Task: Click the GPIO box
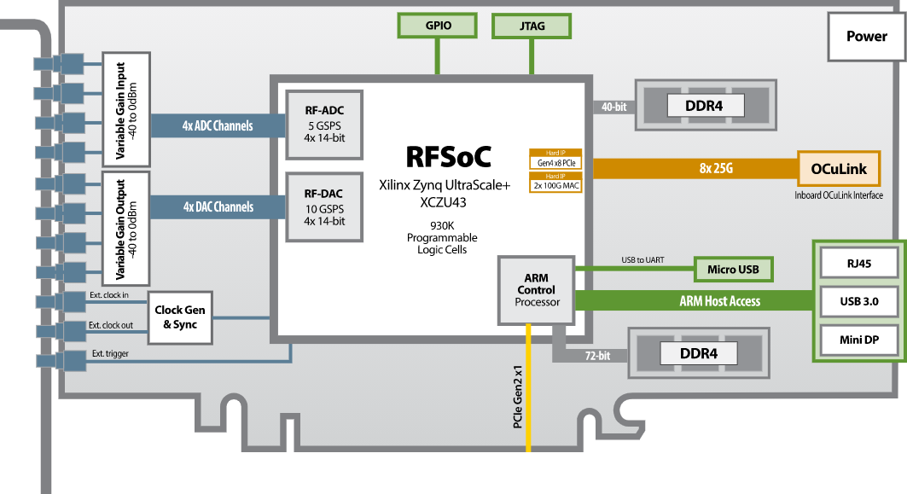pyautogui.click(x=438, y=26)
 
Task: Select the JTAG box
pyautogui.click(x=532, y=26)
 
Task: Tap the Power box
pyautogui.click(x=866, y=37)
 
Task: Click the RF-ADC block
pyautogui.click(x=324, y=124)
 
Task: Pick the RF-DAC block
pyautogui.click(x=324, y=207)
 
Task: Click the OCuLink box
pyautogui.click(x=840, y=169)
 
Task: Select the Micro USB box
pyautogui.click(x=733, y=270)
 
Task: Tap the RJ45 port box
pyautogui.click(x=859, y=264)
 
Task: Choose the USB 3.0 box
pyautogui.click(x=859, y=301)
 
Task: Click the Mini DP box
pyautogui.click(x=859, y=340)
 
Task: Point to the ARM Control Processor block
pyautogui.click(x=537, y=290)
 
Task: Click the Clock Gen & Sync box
pyautogui.click(x=180, y=317)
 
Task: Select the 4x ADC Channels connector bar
pyautogui.click(x=218, y=126)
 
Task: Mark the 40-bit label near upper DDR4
pyautogui.click(x=613, y=107)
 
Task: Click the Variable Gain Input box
pyautogui.click(x=125, y=110)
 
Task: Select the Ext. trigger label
pyautogui.click(x=111, y=353)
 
